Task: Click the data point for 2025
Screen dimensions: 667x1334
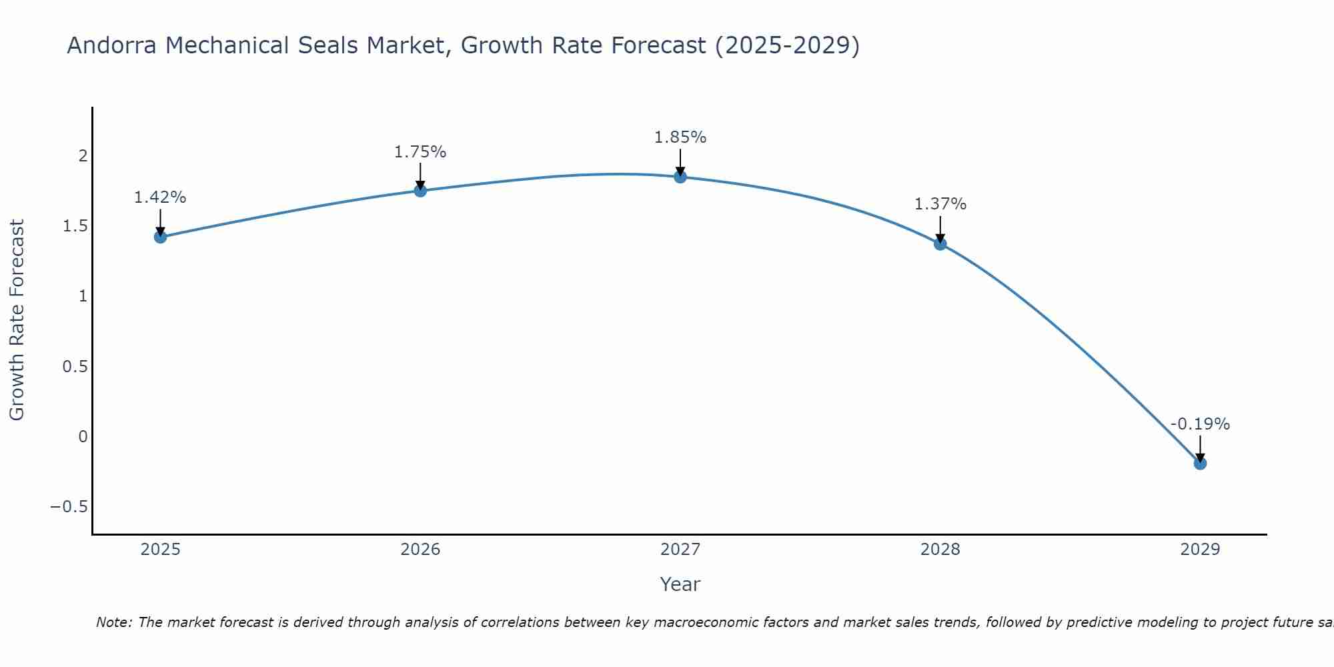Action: [160, 237]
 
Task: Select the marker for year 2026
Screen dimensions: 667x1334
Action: [420, 191]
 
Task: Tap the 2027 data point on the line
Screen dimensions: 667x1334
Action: [680, 177]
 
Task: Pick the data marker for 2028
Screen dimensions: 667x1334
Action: [940, 243]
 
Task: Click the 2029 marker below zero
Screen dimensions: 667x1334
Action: [1200, 463]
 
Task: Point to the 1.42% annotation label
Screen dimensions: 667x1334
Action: [160, 197]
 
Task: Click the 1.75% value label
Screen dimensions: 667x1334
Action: [420, 152]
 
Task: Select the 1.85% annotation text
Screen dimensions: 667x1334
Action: [680, 137]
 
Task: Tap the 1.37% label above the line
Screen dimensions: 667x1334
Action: [940, 204]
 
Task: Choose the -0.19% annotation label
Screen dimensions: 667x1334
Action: [1200, 424]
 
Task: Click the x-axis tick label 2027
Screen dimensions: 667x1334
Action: [680, 550]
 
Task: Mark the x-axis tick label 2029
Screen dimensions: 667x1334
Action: [1200, 550]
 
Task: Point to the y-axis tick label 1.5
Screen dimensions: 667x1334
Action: [75, 226]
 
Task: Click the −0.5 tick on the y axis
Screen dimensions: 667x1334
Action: [69, 507]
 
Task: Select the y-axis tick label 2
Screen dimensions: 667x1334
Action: [83, 156]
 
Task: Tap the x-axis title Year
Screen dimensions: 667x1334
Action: [680, 584]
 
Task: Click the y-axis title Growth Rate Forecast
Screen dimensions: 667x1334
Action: [17, 320]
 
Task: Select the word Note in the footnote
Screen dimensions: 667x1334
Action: [113, 622]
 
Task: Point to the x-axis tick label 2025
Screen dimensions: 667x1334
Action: [160, 550]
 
